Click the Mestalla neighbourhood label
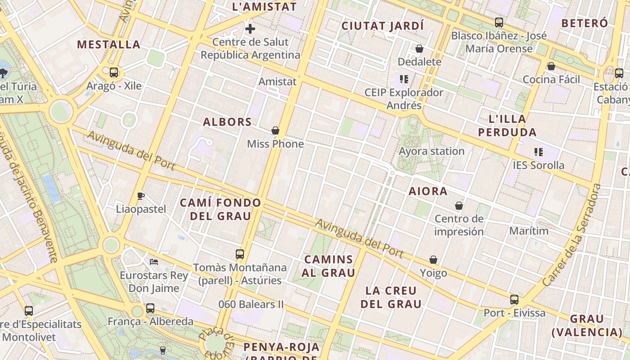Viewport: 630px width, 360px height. pos(108,45)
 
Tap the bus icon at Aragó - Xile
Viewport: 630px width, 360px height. pos(114,72)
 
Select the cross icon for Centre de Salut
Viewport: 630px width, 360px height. pos(250,29)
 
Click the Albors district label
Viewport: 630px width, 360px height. pos(227,122)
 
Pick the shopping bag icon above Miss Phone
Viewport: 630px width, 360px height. pos(275,131)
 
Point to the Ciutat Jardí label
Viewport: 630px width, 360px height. pos(382,26)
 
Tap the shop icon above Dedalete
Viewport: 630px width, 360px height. pos(419,49)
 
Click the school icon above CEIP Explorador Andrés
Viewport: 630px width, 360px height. pos(404,80)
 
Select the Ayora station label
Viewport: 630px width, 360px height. pos(432,151)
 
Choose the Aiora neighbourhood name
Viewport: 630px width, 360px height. pos(428,191)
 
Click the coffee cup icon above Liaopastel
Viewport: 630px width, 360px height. pos(141,196)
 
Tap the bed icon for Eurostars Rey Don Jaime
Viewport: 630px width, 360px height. pos(154,261)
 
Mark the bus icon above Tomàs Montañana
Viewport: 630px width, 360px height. pos(240,254)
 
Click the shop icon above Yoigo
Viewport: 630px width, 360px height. pos(433,260)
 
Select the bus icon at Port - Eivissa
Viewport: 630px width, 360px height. pos(514,299)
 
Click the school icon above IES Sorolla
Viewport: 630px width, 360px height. pos(538,152)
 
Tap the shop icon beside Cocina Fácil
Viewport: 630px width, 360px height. pos(551,67)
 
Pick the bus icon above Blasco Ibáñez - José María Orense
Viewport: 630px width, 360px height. pos(499,22)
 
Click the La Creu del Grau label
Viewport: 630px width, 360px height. pos(391,297)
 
